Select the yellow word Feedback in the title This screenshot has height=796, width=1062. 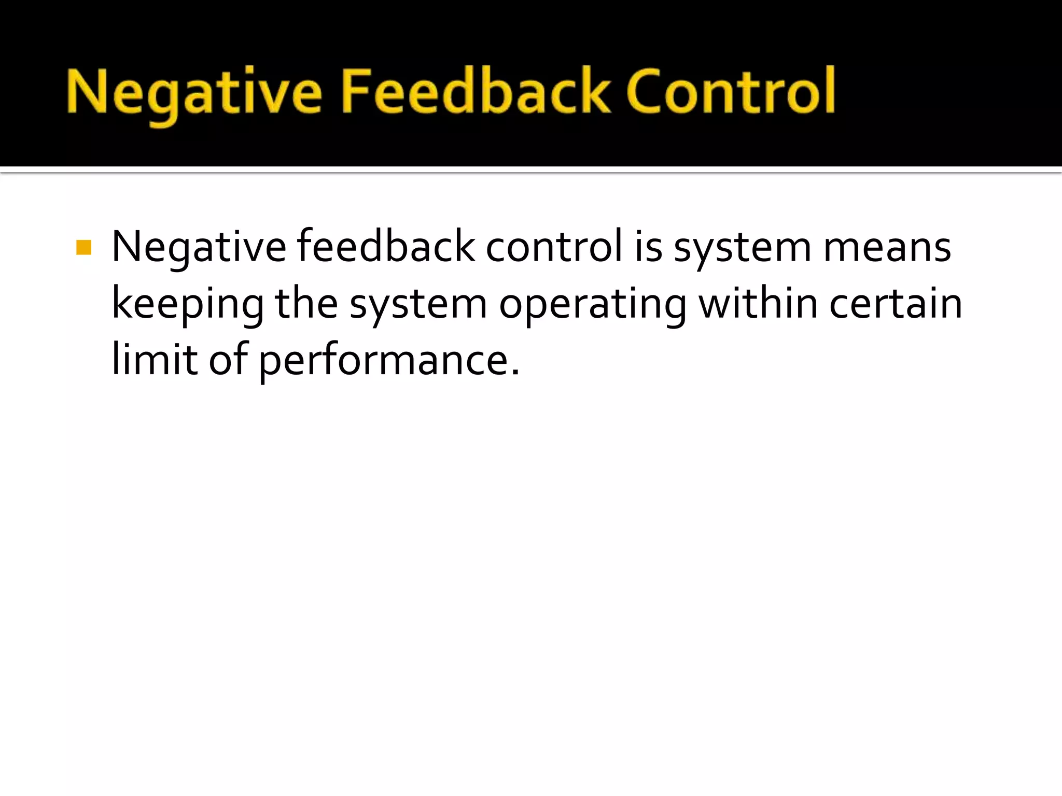(x=476, y=91)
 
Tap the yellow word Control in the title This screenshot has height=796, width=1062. (x=731, y=91)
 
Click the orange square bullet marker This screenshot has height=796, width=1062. (x=83, y=248)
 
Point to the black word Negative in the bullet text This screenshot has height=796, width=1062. (x=199, y=248)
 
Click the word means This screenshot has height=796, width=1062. (x=887, y=248)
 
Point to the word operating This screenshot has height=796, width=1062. (x=593, y=305)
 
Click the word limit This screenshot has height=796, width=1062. (x=155, y=360)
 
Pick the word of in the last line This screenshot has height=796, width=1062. (x=228, y=360)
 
